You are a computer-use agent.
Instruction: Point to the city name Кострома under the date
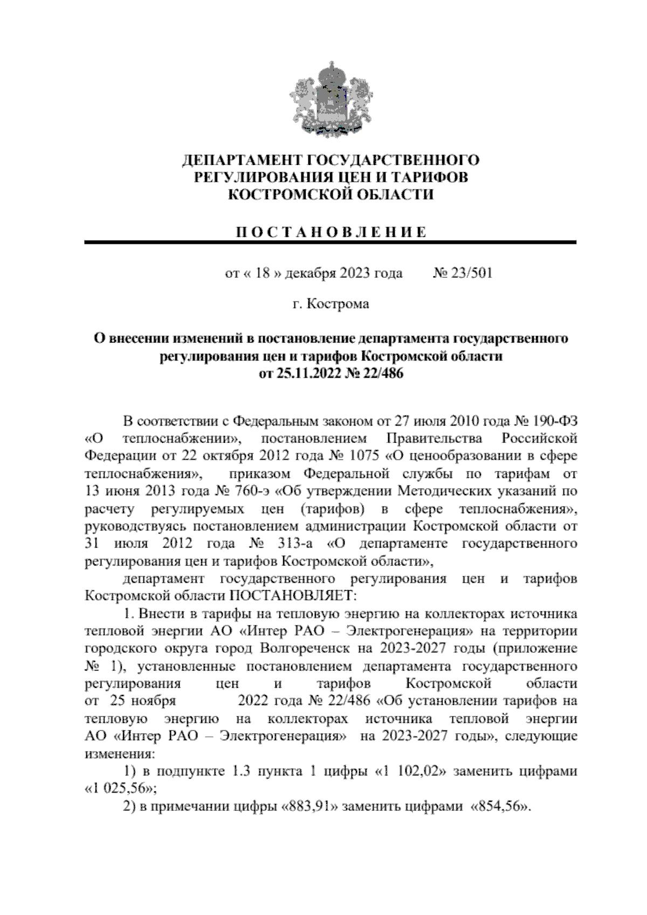tap(338, 304)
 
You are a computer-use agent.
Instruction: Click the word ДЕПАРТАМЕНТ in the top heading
tap(242, 160)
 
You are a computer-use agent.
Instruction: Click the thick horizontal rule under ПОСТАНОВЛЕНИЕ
tap(331, 243)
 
